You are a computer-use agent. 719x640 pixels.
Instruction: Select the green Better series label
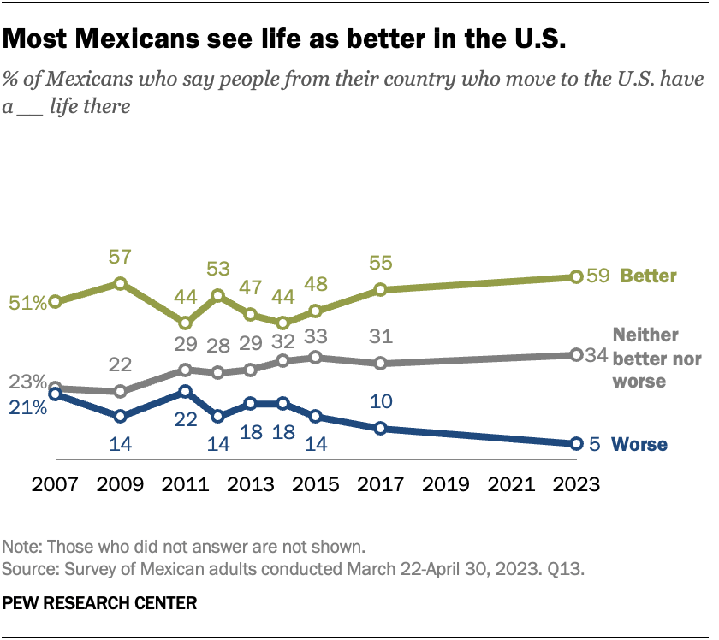pos(648,276)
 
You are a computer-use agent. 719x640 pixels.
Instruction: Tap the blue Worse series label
pos(640,444)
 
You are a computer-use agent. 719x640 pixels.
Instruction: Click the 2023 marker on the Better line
pos(576,276)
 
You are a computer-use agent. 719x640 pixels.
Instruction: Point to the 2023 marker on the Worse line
pos(576,443)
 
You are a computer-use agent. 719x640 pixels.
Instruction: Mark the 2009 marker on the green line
pos(120,282)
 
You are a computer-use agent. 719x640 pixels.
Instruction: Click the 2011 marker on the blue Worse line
pos(185,391)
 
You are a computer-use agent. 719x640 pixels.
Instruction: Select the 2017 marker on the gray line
pos(381,363)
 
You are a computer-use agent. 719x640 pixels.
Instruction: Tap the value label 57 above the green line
pos(120,258)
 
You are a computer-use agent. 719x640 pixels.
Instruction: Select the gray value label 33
pos(316,335)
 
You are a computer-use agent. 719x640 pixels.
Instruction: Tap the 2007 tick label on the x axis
pos(55,483)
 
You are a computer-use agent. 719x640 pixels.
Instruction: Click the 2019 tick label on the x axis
pos(446,483)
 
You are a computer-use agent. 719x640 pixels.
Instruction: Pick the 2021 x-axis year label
pos(511,483)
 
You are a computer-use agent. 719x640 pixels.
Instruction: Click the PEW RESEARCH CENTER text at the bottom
pos(100,603)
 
